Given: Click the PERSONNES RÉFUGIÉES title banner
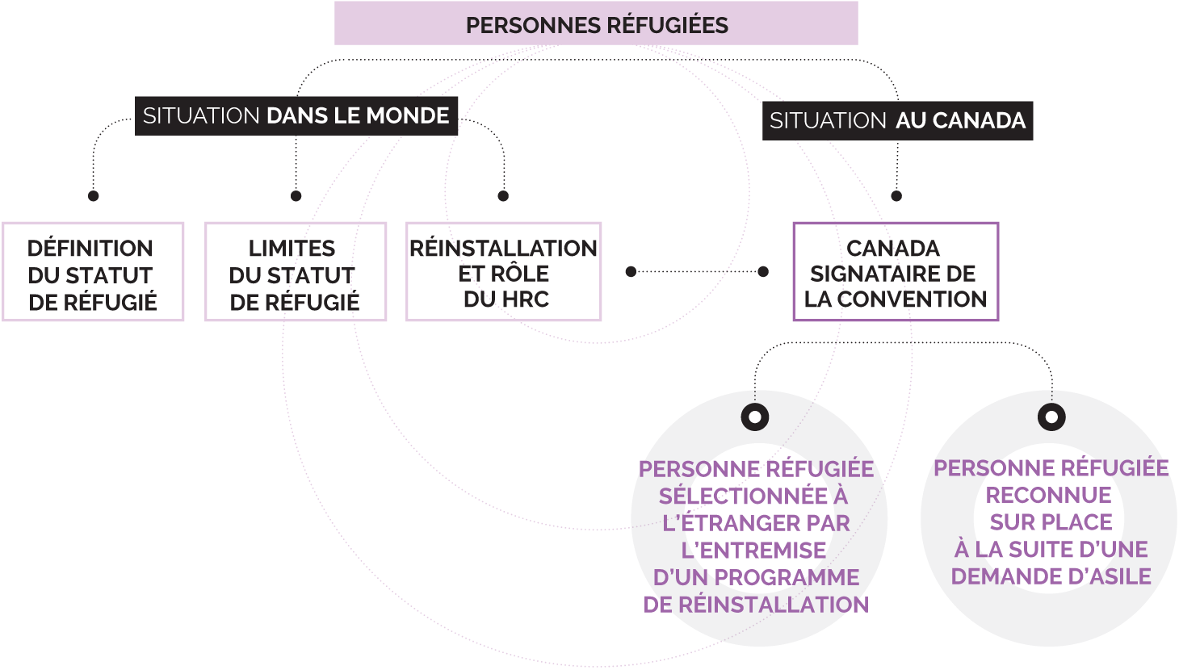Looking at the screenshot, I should tap(596, 23).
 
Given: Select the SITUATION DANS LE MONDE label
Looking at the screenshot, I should tap(296, 115).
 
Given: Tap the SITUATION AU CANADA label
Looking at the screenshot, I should tap(897, 120).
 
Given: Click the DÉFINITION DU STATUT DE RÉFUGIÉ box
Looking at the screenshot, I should tap(93, 272).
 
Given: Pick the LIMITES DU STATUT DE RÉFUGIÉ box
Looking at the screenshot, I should tap(296, 272).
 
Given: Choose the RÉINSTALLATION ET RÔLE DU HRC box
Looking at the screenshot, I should tap(504, 272).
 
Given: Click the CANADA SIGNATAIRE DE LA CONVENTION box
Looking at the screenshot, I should tap(896, 272).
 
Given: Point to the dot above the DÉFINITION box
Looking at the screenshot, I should tap(94, 196).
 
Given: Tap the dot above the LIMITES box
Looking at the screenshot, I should tap(296, 196).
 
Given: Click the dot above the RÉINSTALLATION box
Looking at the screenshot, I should tap(503, 196).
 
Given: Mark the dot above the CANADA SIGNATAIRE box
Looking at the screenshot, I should tap(896, 196).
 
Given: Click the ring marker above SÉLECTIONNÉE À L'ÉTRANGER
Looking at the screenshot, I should tap(755, 417).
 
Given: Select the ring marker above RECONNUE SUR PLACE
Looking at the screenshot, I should tap(1051, 417).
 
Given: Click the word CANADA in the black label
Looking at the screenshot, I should tap(978, 121).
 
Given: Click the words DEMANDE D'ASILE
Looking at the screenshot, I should tap(1051, 576).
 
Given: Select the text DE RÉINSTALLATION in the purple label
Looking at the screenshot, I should tap(756, 605).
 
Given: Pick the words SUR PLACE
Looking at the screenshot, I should tap(1051, 522).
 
